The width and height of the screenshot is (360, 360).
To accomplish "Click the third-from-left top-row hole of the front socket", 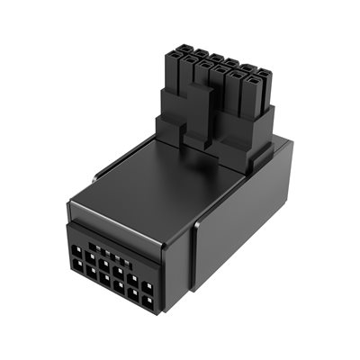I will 106,261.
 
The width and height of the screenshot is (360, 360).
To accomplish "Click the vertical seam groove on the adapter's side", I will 194,261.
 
